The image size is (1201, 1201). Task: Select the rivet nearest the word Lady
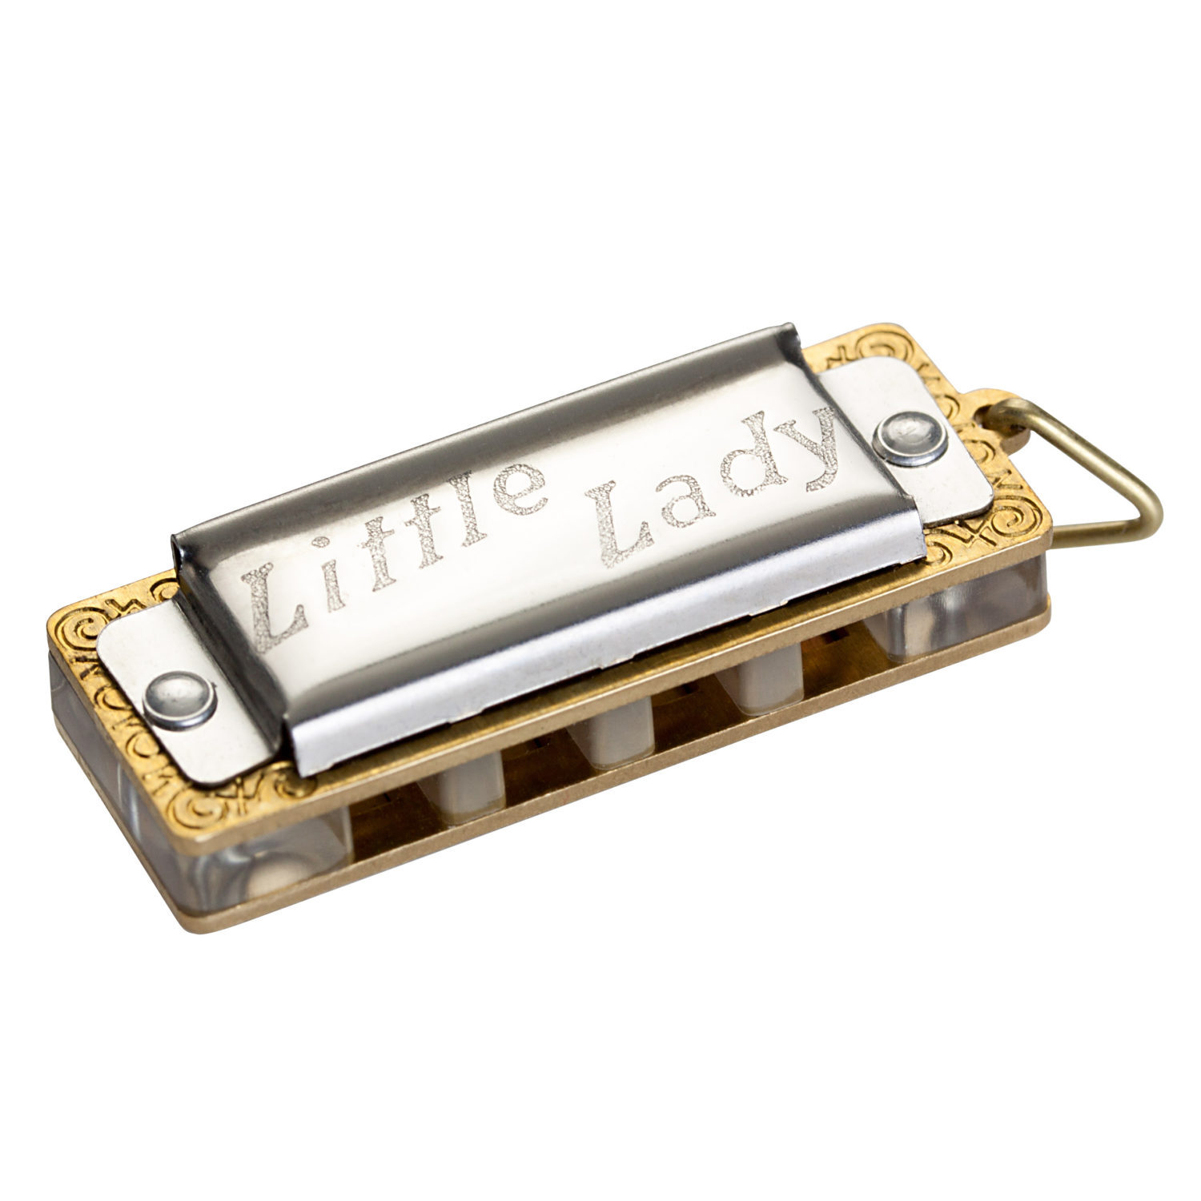click(907, 435)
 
